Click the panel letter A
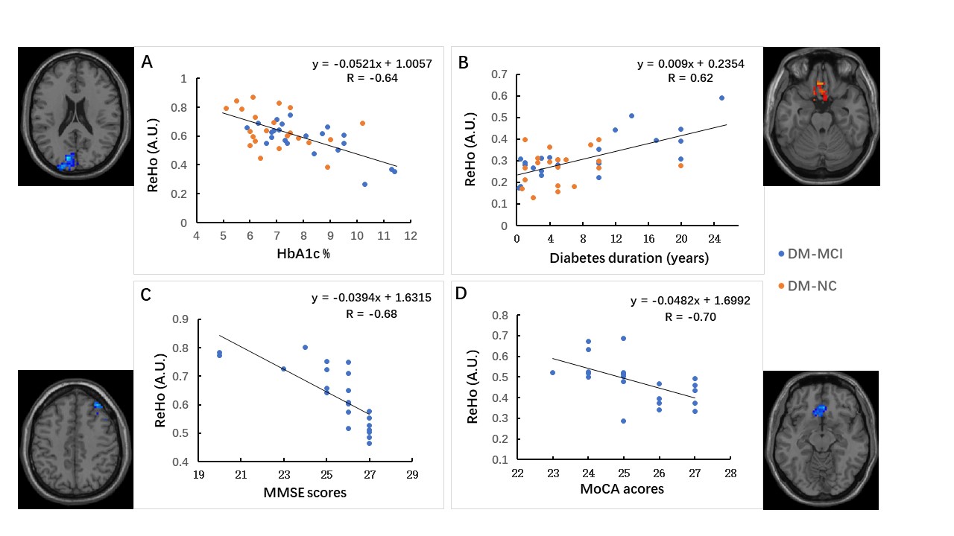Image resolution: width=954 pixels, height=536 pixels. [x=147, y=61]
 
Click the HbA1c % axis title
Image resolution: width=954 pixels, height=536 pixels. [x=303, y=254]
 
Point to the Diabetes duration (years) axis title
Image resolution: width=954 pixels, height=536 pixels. [x=628, y=258]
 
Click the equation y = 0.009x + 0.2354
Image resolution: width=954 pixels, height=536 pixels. [x=690, y=64]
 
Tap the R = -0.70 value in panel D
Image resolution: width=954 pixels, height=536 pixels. [x=687, y=316]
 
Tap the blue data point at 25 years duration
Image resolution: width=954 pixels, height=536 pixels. [x=721, y=98]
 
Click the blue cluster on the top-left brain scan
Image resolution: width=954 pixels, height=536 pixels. [x=69, y=161]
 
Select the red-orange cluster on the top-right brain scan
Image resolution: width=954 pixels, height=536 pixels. [x=821, y=92]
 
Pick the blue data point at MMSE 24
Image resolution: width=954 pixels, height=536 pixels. [x=305, y=347]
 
